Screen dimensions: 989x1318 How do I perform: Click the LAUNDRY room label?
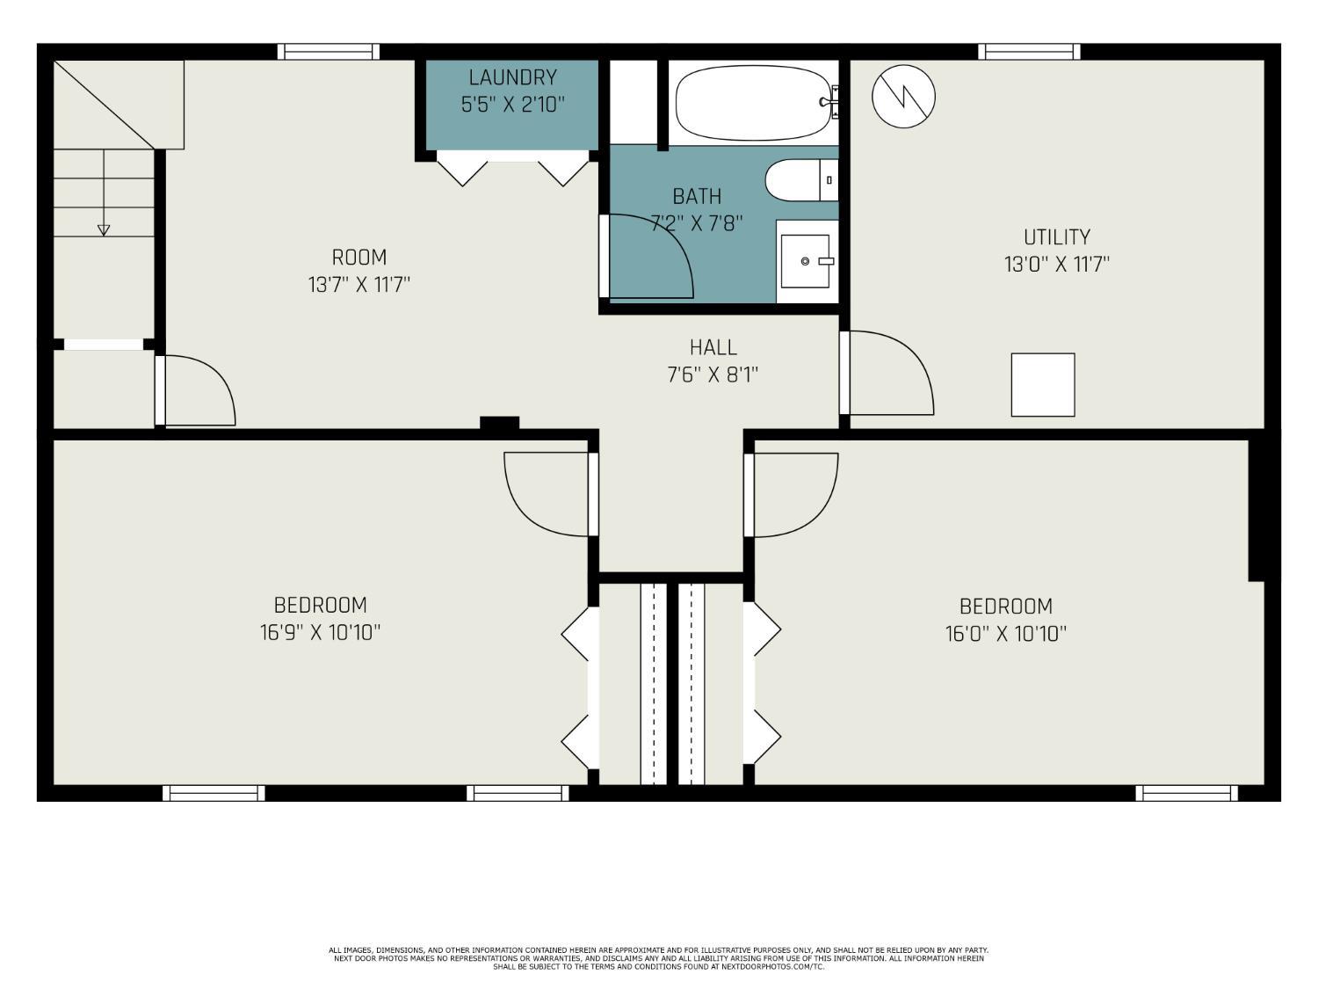pyautogui.click(x=512, y=77)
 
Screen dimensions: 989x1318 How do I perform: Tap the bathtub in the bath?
pyautogui.click(x=754, y=103)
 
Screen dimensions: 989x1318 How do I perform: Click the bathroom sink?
pyautogui.click(x=806, y=261)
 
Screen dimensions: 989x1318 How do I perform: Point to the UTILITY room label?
pyautogui.click(x=1056, y=237)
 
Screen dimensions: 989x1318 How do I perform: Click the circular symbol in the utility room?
pyautogui.click(x=903, y=95)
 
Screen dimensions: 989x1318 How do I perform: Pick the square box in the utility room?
pyautogui.click(x=1043, y=385)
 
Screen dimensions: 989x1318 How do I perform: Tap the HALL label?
pyautogui.click(x=713, y=347)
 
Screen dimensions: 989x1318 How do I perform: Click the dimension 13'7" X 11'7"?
pyautogui.click(x=359, y=285)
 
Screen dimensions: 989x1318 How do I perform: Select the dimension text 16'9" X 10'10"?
pyautogui.click(x=320, y=632)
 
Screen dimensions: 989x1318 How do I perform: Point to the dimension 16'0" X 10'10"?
pyautogui.click(x=1005, y=633)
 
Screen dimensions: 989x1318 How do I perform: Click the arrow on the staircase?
pyautogui.click(x=104, y=229)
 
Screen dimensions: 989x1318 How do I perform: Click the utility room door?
pyautogui.click(x=887, y=373)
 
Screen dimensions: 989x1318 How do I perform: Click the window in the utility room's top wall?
pyautogui.click(x=1030, y=52)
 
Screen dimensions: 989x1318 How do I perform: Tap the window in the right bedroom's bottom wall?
pyautogui.click(x=1186, y=793)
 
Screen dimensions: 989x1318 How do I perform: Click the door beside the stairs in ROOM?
pyautogui.click(x=197, y=390)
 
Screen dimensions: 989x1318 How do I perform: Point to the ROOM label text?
pyautogui.click(x=359, y=258)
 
